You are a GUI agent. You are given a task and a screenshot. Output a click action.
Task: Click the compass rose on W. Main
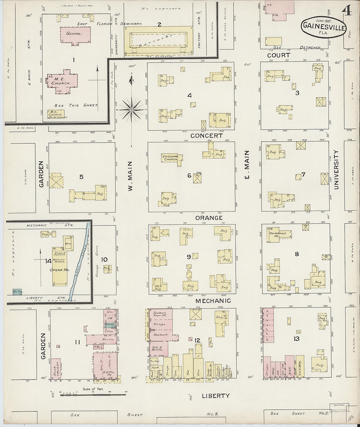(132, 109)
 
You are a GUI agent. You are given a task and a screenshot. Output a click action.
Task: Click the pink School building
(75, 34)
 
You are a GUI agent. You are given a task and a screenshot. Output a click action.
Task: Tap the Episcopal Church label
(171, 158)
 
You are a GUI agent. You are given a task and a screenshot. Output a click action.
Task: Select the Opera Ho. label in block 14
(60, 270)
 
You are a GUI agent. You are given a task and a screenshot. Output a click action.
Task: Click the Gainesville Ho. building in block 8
(278, 235)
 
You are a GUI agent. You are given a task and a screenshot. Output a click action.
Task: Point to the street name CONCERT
(206, 135)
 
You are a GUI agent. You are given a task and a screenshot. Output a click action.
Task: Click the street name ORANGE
(209, 218)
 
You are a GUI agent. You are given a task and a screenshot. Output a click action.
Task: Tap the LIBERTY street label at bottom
(215, 396)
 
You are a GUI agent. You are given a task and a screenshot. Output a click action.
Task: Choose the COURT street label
(279, 55)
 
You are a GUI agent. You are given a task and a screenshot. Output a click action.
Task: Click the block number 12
(197, 341)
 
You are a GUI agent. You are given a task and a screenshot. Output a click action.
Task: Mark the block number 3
(297, 93)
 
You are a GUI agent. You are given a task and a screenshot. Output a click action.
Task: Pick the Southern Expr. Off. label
(160, 315)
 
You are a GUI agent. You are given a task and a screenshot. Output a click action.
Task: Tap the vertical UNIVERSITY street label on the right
(336, 169)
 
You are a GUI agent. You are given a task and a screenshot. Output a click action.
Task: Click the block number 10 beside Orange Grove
(104, 260)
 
